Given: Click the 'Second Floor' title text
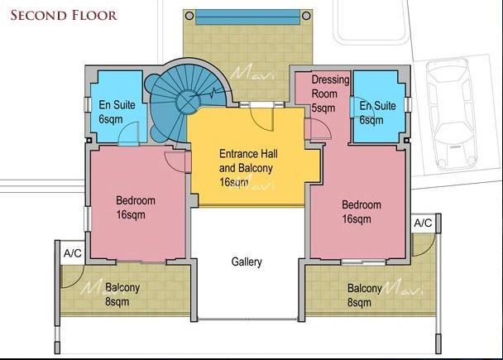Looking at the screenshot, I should (x=64, y=15).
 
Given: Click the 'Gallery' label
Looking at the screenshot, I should (x=247, y=262).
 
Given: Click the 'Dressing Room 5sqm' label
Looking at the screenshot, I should (x=329, y=94).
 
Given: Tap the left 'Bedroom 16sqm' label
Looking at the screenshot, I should (x=135, y=207).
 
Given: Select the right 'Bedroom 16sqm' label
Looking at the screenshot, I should (x=362, y=212).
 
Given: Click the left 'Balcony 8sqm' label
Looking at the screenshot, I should (x=122, y=294).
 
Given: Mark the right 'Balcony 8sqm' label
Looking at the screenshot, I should (x=365, y=295).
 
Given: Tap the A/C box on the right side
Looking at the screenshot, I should (x=423, y=223).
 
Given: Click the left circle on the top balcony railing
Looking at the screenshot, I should (x=189, y=16).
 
